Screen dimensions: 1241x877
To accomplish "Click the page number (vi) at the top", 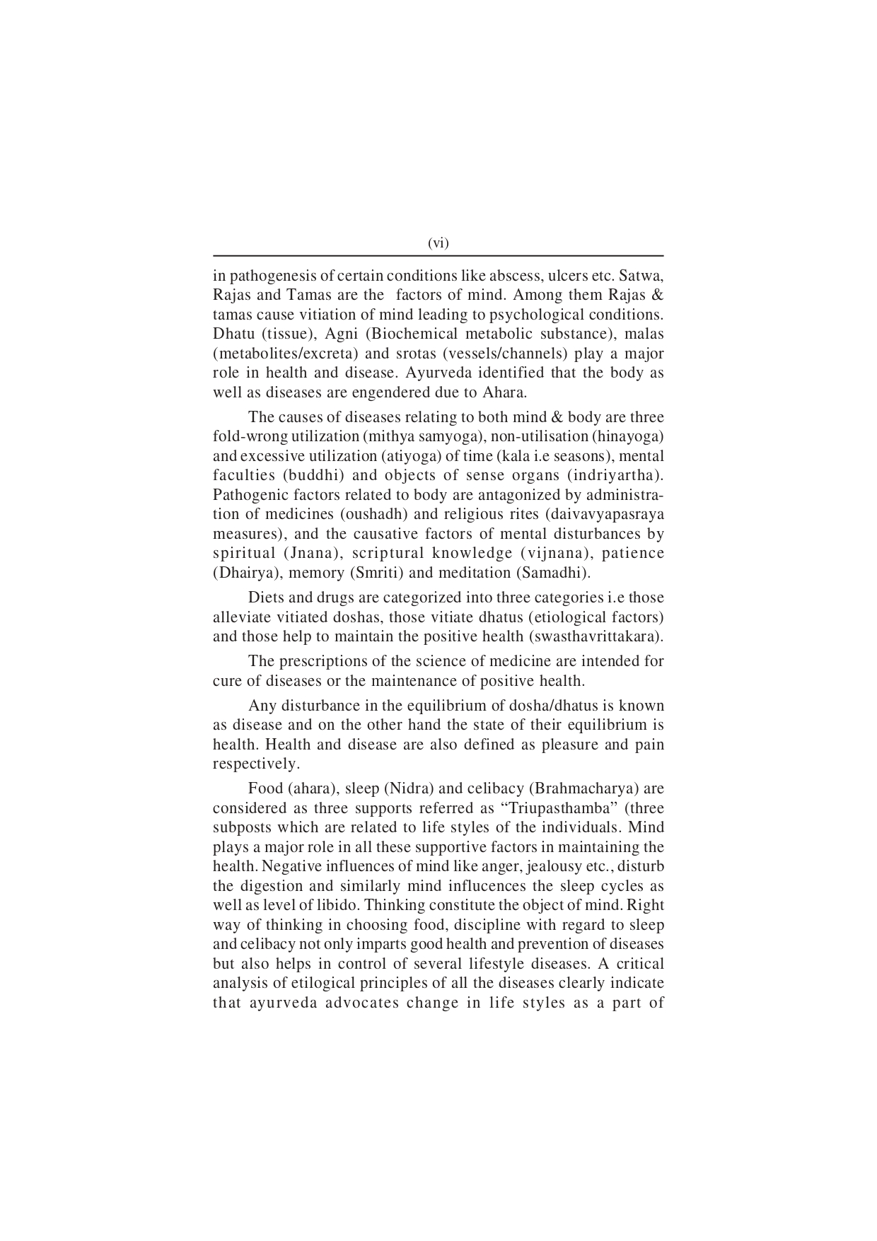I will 438,243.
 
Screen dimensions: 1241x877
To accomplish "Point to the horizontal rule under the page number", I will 438,256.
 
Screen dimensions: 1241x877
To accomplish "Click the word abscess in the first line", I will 506,275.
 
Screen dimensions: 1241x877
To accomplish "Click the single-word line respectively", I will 256,764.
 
